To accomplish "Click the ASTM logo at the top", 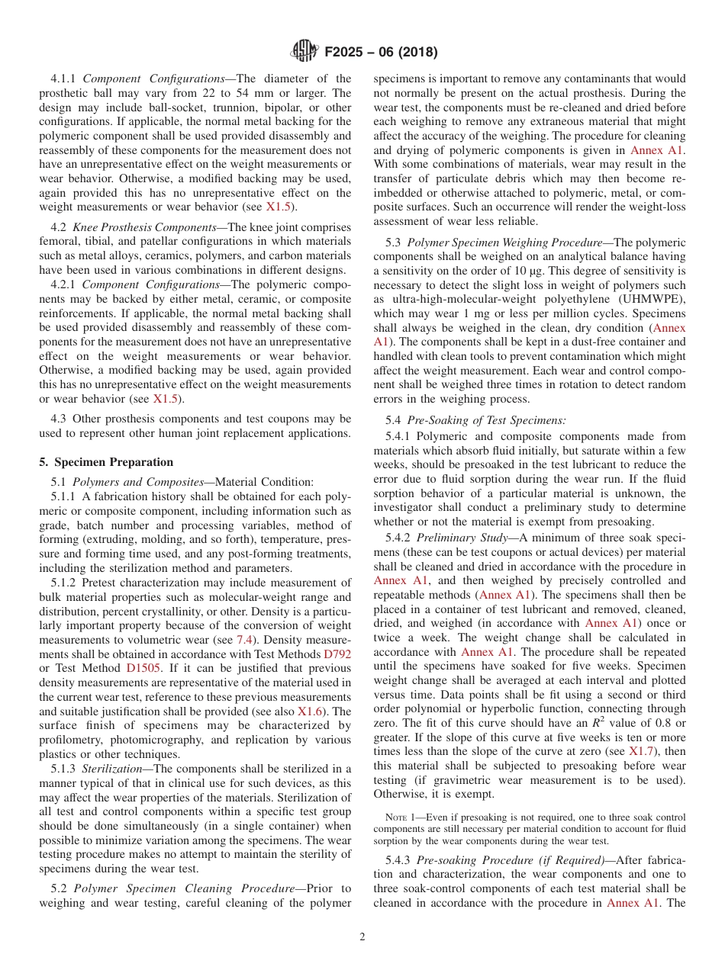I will [305, 53].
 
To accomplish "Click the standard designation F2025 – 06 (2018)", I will [381, 53].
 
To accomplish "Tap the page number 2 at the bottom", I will [362, 936].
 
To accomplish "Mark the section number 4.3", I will [60, 419].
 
